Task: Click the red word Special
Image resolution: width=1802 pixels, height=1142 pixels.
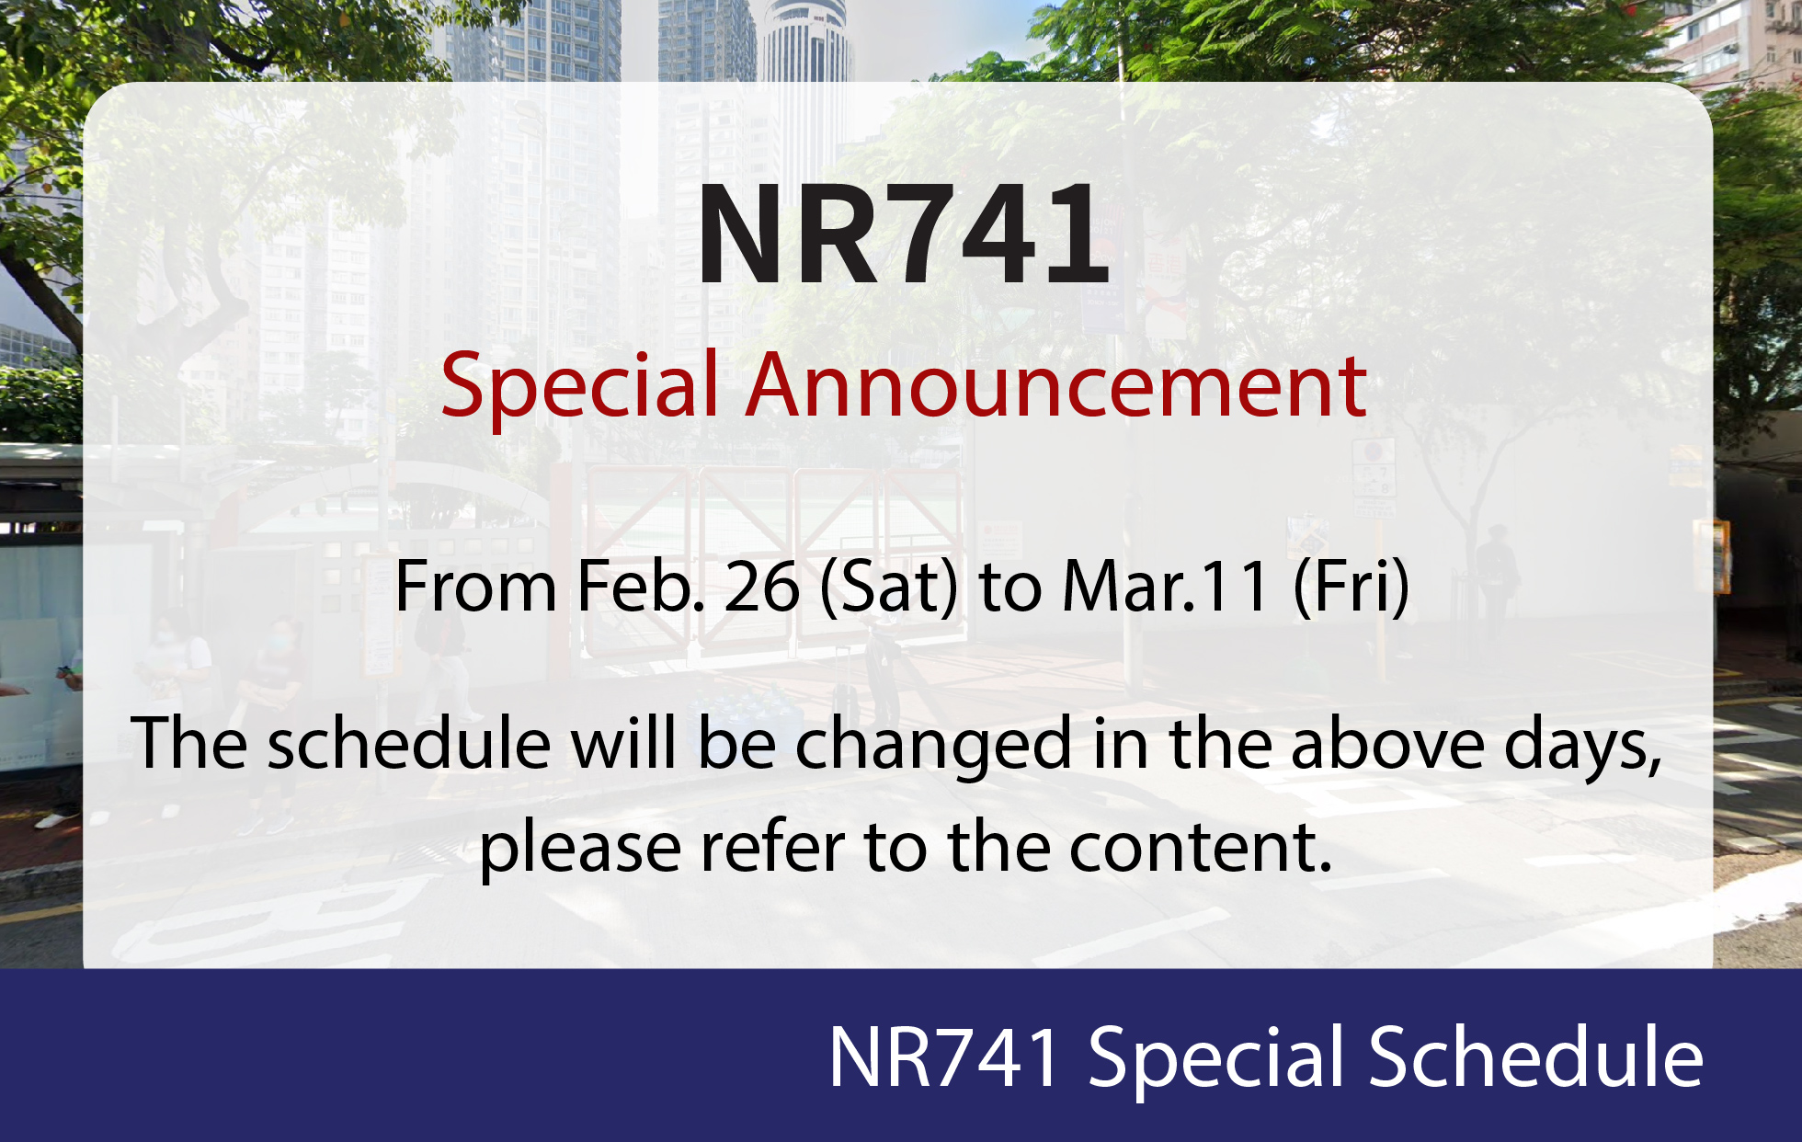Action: (x=579, y=388)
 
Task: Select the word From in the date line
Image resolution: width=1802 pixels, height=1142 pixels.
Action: (x=475, y=587)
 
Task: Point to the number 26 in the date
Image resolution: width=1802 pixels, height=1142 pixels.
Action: (x=762, y=587)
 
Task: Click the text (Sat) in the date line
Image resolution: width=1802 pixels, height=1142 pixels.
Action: (x=889, y=588)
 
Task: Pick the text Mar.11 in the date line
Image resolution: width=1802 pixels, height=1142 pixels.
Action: (x=1166, y=587)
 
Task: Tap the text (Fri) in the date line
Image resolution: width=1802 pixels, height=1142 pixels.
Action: (x=1351, y=588)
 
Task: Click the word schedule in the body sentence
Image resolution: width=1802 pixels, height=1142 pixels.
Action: (x=409, y=743)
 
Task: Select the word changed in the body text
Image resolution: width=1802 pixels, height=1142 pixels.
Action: (x=933, y=748)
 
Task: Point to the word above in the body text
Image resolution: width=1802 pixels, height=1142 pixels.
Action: (x=1388, y=743)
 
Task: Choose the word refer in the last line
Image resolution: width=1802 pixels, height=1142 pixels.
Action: (x=773, y=846)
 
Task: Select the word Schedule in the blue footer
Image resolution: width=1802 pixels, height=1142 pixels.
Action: (x=1536, y=1056)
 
